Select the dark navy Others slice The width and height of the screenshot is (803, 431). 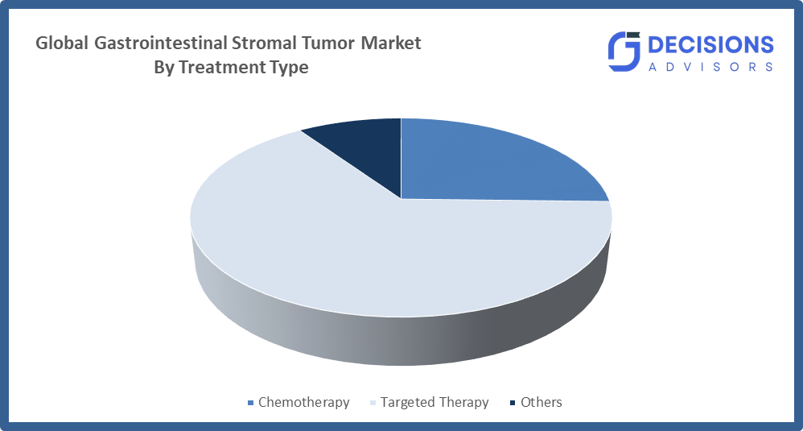pyautogui.click(x=369, y=146)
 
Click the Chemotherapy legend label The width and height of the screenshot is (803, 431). pyautogui.click(x=303, y=402)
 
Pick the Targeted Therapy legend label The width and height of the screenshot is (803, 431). pyautogui.click(x=434, y=402)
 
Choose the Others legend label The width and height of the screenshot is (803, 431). pyautogui.click(x=542, y=402)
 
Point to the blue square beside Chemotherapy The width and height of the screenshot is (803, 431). pyautogui.click(x=250, y=403)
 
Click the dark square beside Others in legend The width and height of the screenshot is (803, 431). pyautogui.click(x=513, y=403)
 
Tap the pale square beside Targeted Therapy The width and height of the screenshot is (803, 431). pyautogui.click(x=373, y=403)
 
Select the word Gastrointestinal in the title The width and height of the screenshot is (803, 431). pyautogui.click(x=161, y=43)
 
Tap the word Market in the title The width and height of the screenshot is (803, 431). pyautogui.click(x=391, y=43)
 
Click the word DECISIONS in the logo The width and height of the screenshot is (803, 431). pyautogui.click(x=710, y=45)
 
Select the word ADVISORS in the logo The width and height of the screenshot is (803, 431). pyautogui.click(x=710, y=67)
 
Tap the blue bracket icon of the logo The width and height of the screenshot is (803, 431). pyautogui.click(x=624, y=52)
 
